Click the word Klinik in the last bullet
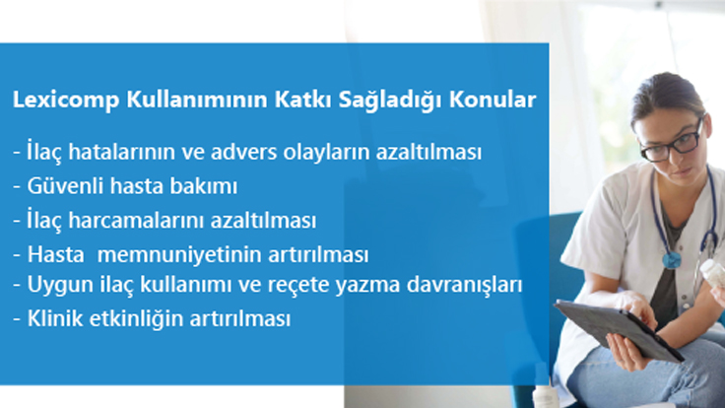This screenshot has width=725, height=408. (x=51, y=320)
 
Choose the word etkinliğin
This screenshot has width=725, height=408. (x=134, y=320)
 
